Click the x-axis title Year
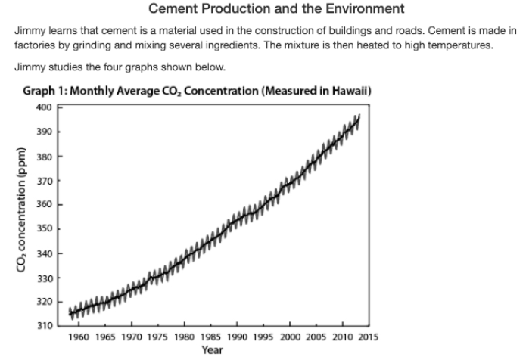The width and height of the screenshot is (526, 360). pyautogui.click(x=212, y=349)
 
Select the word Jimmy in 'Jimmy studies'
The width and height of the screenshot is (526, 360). pyautogui.click(x=29, y=67)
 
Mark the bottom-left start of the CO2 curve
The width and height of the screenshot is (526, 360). pyautogui.click(x=70, y=312)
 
